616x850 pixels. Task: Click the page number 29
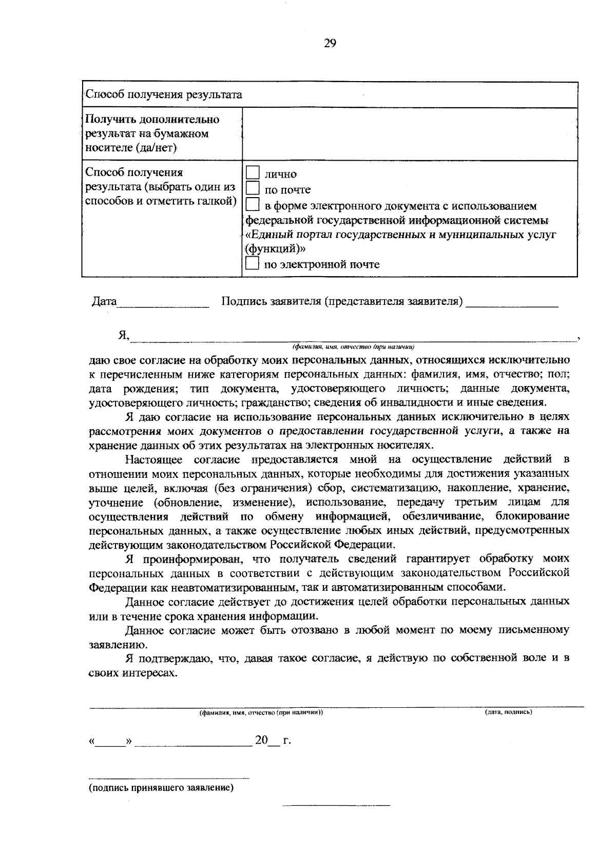point(330,44)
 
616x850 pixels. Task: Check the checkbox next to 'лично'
point(253,173)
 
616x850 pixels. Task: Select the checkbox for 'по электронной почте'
point(253,264)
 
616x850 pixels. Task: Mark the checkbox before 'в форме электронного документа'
point(253,205)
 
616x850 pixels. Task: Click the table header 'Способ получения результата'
point(163,94)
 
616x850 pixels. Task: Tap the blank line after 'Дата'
point(163,305)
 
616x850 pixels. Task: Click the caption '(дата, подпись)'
point(508,712)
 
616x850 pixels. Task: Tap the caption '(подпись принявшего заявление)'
point(161,788)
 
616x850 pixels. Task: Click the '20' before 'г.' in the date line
point(262,741)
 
